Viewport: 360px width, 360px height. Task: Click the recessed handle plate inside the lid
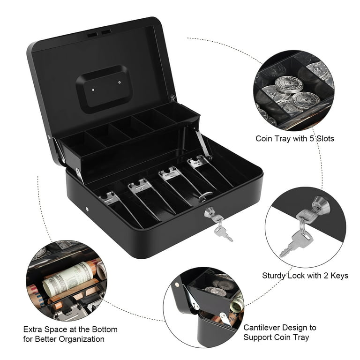coord(104,89)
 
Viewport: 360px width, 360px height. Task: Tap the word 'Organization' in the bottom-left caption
coord(82,339)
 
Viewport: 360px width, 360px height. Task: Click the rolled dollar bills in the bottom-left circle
coord(69,279)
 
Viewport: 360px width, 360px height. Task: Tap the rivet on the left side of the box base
coord(87,209)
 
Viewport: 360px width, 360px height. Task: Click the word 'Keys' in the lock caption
coord(339,276)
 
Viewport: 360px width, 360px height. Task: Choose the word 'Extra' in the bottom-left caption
coord(33,330)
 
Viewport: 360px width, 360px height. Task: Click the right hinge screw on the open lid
coord(172,98)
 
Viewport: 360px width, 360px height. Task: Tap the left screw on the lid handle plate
coord(93,90)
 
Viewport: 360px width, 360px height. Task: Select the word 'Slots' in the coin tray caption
coord(325,138)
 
